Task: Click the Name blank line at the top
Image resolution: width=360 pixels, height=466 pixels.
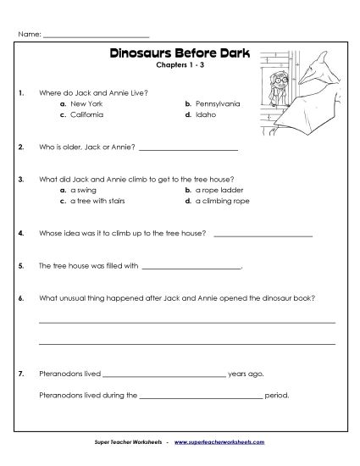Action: coord(95,36)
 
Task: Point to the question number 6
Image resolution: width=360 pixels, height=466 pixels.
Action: coord(19,298)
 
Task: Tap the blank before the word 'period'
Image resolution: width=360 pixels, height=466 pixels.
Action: coord(201,396)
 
